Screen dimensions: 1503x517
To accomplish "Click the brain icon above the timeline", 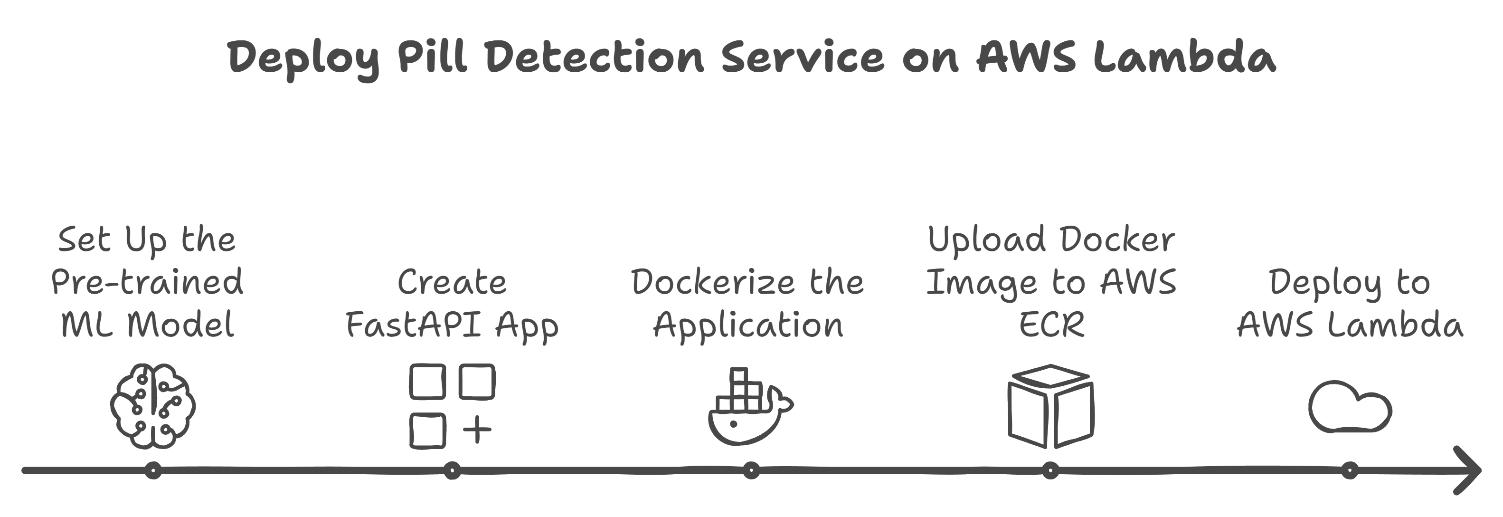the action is pos(153,406).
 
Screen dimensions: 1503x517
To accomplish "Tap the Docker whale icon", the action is pos(751,407).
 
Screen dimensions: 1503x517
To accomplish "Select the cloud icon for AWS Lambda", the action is pos(1350,407).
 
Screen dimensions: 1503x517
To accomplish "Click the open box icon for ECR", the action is pos(1051,407).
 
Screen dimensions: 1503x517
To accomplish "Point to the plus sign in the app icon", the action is pos(477,430).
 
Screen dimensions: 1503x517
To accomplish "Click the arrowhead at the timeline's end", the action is pos(1467,470).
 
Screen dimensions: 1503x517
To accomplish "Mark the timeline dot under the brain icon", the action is pos(153,470).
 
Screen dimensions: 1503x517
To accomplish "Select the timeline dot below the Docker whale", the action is pos(751,470).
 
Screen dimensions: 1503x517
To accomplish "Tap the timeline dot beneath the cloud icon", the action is pos(1350,470).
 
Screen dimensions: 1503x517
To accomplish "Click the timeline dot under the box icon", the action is pos(1050,470).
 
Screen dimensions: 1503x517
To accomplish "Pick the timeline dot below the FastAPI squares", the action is pos(452,470).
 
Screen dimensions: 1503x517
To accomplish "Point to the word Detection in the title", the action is pos(595,57).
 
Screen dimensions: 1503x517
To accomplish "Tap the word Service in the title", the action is pos(803,57).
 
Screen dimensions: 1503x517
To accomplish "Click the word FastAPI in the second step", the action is pos(414,325).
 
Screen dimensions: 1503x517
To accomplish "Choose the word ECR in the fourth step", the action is pos(1051,325).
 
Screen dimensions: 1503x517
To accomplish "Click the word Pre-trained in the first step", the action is pos(147,282).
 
